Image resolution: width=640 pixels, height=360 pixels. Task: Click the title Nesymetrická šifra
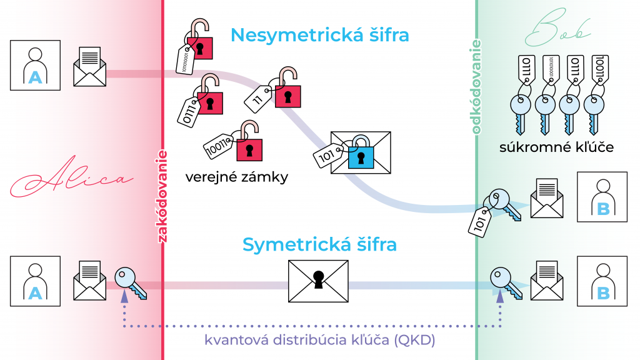(319, 34)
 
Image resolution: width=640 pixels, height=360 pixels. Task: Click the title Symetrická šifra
(319, 244)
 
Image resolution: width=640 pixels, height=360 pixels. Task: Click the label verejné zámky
(237, 177)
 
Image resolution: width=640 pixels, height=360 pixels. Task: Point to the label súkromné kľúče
(556, 147)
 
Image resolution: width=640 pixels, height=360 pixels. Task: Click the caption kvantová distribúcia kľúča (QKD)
(319, 341)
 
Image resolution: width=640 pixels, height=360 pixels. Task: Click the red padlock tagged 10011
(249, 147)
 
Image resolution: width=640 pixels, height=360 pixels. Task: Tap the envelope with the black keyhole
(318, 279)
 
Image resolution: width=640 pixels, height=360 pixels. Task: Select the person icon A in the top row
(35, 66)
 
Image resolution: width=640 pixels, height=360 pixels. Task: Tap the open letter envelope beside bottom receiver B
(547, 281)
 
